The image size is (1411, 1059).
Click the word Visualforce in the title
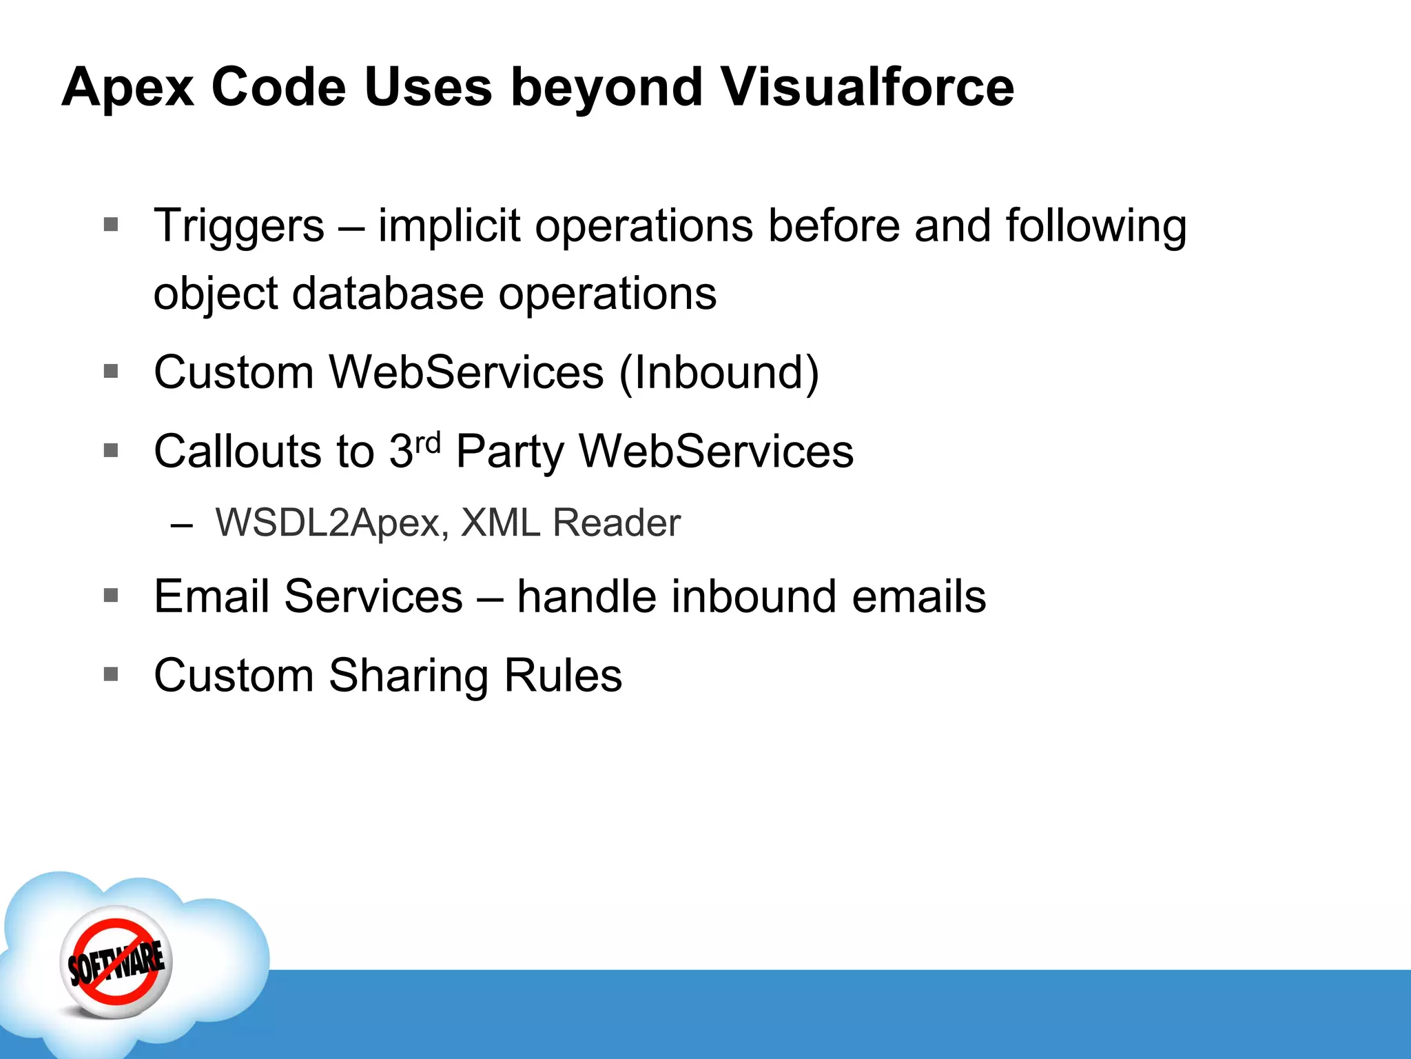click(867, 88)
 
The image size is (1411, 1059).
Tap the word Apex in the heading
click(128, 88)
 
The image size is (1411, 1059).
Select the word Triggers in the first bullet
click(238, 226)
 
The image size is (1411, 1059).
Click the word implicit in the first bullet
click(449, 226)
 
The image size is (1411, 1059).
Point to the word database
click(388, 294)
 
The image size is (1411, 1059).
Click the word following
click(1095, 226)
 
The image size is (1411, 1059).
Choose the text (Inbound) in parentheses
click(719, 373)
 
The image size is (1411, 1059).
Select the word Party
click(510, 453)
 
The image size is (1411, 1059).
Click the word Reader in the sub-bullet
click(616, 523)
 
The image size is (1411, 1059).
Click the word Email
click(212, 596)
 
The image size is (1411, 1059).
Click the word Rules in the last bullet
click(563, 676)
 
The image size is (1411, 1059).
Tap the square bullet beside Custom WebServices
click(111, 372)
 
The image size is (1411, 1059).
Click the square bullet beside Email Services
click(111, 595)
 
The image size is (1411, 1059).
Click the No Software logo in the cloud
click(116, 961)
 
